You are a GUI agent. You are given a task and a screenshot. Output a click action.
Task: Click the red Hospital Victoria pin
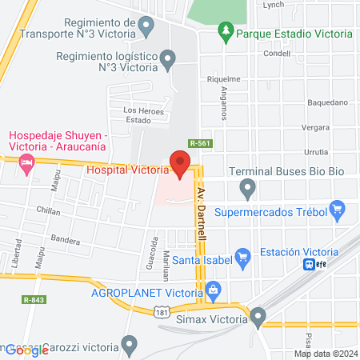tap(180, 166)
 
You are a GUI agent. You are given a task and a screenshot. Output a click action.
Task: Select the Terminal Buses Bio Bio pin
tap(248, 190)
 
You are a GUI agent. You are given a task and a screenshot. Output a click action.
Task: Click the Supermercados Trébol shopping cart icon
tap(338, 212)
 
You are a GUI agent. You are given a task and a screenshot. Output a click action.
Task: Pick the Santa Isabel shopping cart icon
tap(245, 258)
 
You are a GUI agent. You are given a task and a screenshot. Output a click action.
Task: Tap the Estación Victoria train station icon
tap(308, 265)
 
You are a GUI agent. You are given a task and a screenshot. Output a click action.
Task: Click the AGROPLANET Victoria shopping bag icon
tap(213, 291)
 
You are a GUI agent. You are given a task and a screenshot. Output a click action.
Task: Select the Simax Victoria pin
tap(258, 318)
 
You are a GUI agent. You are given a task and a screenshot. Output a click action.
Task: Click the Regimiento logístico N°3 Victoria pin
tap(167, 59)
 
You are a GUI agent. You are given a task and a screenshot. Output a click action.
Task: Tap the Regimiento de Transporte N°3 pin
tap(146, 28)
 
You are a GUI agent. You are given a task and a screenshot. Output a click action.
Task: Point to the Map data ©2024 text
tap(325, 354)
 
